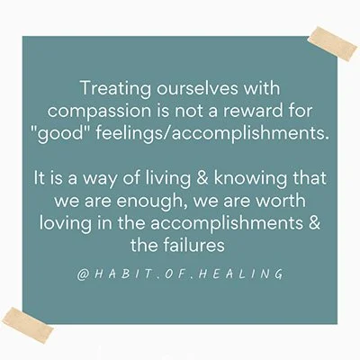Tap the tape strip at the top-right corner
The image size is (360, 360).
[x=332, y=41]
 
